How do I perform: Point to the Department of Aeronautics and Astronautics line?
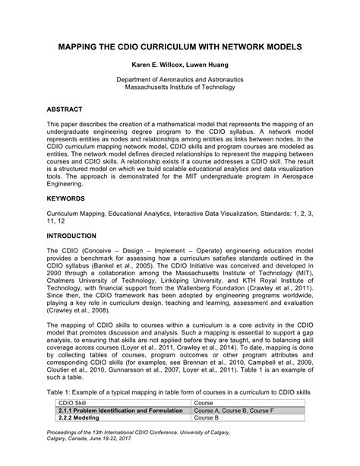[180, 81]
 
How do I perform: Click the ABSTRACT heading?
[65, 109]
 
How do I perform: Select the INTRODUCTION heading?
[77, 236]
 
